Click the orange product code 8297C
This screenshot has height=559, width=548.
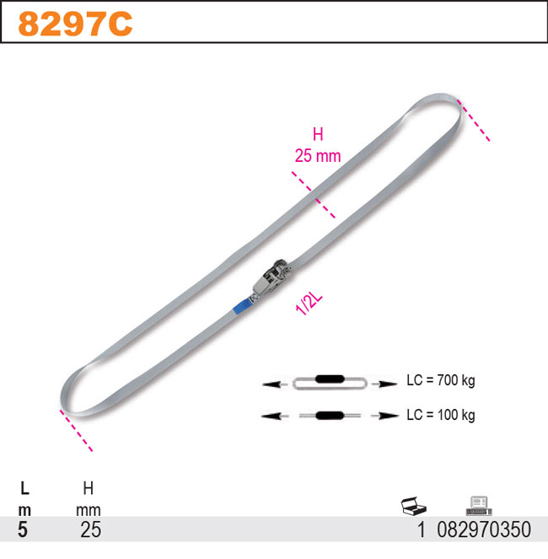click(75, 24)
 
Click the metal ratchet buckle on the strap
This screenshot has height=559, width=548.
click(271, 278)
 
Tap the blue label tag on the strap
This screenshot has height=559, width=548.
click(242, 307)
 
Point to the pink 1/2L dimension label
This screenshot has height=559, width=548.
click(309, 304)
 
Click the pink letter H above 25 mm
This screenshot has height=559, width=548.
click(318, 135)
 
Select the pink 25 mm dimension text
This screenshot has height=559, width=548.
click(318, 156)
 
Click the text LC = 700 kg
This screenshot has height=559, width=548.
click(441, 380)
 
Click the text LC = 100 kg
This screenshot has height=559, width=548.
click(441, 415)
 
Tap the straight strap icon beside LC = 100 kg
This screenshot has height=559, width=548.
click(330, 416)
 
